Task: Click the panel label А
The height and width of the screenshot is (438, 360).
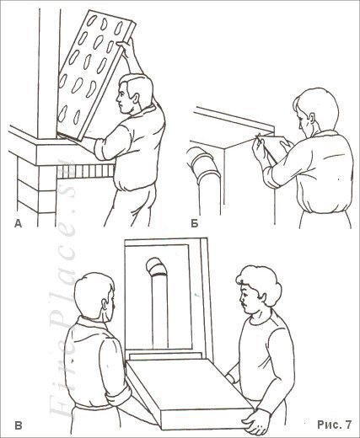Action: point(18,222)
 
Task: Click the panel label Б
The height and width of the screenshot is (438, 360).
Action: point(194,223)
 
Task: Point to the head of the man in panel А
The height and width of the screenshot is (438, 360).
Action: point(134,92)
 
